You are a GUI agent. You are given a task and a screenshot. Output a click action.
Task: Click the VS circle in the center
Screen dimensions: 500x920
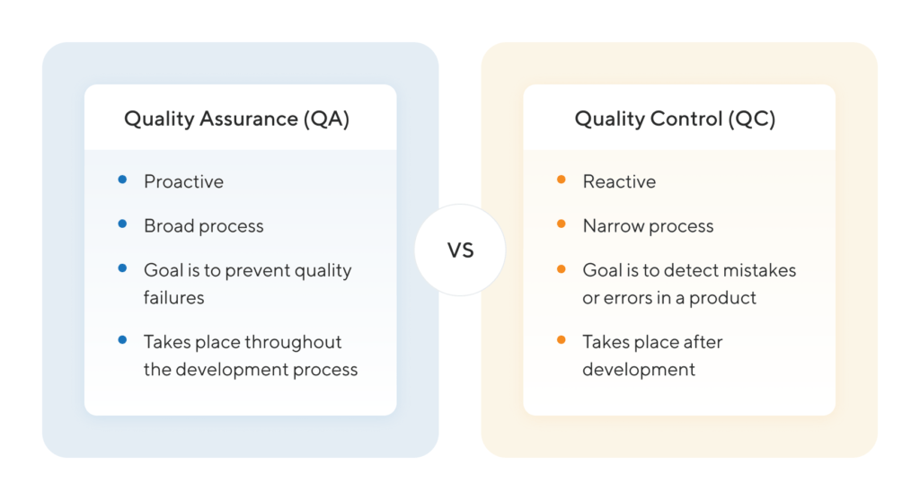click(460, 250)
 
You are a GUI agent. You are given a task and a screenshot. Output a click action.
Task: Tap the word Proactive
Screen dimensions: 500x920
click(183, 181)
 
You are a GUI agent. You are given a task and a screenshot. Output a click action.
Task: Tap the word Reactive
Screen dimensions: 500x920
click(619, 181)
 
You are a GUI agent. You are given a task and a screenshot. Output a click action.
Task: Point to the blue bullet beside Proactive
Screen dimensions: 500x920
click(122, 180)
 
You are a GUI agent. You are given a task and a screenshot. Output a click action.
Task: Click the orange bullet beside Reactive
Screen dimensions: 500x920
click(561, 180)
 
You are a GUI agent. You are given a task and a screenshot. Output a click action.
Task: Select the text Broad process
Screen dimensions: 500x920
click(204, 226)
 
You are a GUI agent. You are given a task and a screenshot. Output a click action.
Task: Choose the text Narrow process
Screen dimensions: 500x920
click(648, 226)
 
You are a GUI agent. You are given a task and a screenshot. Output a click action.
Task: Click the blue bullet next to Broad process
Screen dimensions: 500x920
click(122, 224)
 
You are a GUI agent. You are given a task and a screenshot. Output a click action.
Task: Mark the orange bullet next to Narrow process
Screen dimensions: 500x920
click(561, 224)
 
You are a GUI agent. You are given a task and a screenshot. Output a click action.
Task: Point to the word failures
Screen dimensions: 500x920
click(175, 297)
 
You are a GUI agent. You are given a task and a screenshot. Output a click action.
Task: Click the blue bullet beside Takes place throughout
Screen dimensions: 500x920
click(122, 340)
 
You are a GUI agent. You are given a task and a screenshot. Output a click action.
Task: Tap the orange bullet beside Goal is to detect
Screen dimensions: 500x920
click(561, 268)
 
